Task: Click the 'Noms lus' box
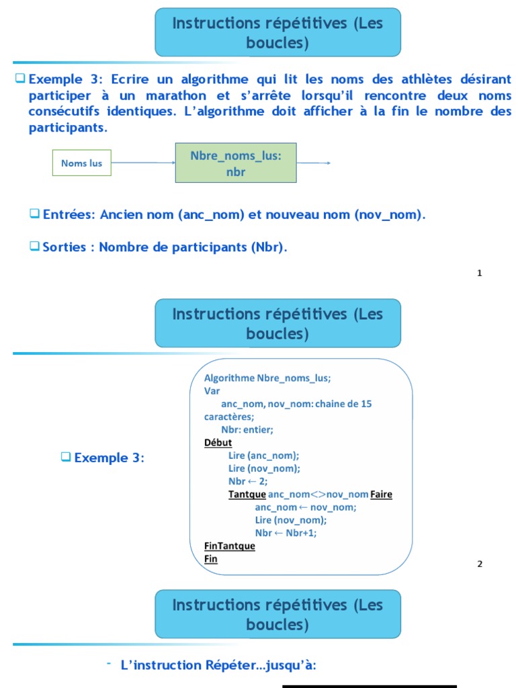(x=81, y=163)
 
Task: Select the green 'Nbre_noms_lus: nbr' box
(x=236, y=163)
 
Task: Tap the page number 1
(x=480, y=273)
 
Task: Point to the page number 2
(x=480, y=564)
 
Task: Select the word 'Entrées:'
(x=70, y=215)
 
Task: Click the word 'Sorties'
(x=64, y=247)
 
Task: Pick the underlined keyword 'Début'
(x=218, y=443)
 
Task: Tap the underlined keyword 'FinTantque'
(x=229, y=546)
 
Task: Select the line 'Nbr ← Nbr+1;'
(x=286, y=533)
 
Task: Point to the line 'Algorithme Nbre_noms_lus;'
(x=267, y=378)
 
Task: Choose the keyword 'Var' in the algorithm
(x=212, y=390)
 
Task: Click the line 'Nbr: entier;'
(x=247, y=429)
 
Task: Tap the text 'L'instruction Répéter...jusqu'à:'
(x=218, y=665)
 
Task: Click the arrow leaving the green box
(x=314, y=163)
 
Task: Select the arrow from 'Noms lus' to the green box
(x=143, y=163)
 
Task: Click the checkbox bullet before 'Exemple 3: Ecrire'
(x=20, y=78)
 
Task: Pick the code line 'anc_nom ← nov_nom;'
(x=306, y=507)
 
